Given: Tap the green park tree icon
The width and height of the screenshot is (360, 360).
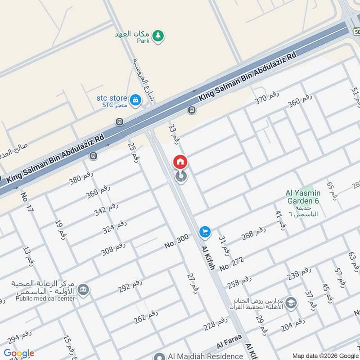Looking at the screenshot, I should tap(158, 36).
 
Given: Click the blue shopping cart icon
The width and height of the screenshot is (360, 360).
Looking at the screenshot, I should tap(205, 232).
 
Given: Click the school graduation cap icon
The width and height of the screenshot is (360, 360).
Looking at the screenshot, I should tap(291, 303).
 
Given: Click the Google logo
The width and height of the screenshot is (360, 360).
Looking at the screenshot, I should tap(19, 353).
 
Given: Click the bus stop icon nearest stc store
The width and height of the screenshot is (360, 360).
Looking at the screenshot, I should tap(119, 121).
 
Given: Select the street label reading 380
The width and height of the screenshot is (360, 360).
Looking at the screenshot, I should tap(81, 179).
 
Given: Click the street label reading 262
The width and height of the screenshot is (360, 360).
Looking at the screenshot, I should tap(146, 317).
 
